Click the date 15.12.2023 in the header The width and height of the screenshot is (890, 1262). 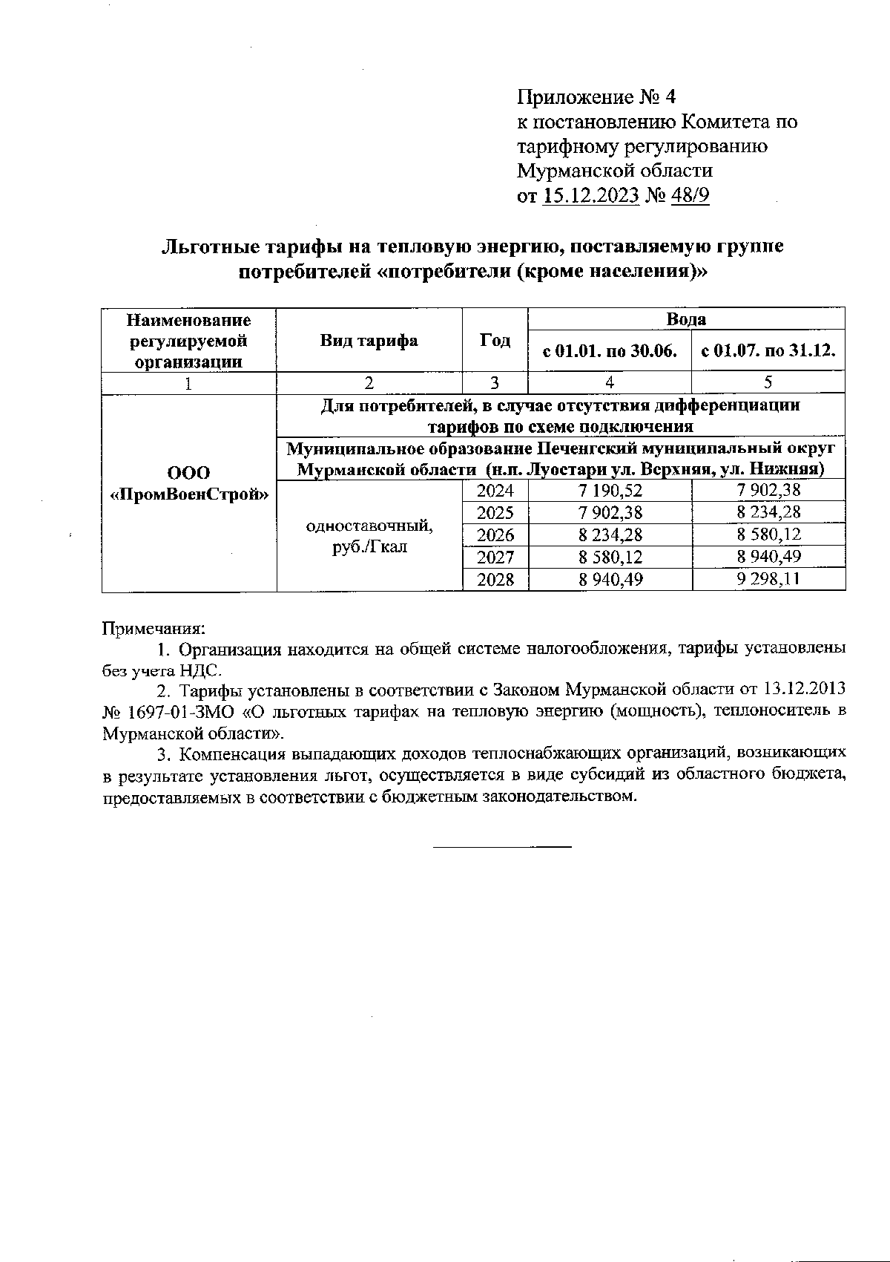[591, 196]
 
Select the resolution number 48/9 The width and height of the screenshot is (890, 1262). [689, 196]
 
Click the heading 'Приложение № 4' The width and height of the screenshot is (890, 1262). [596, 97]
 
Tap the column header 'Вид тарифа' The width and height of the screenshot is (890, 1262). [369, 341]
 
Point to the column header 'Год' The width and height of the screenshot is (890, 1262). [495, 341]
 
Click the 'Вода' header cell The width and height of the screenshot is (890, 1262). [686, 320]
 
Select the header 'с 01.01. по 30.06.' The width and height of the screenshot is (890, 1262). [610, 352]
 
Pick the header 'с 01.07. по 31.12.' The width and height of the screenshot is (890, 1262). [768, 352]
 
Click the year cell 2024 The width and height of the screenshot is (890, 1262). [495, 490]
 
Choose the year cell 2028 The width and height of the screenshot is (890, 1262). [495, 580]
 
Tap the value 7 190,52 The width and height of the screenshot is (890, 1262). [610, 490]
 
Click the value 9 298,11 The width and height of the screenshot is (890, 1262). [768, 580]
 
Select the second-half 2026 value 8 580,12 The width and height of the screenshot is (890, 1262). [768, 534]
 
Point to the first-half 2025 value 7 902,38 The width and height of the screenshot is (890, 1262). [610, 512]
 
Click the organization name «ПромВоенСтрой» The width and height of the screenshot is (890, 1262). [188, 494]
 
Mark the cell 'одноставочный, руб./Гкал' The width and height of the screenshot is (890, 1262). [369, 537]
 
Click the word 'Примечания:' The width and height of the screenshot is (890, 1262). [153, 628]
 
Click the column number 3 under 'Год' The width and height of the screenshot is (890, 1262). [495, 382]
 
